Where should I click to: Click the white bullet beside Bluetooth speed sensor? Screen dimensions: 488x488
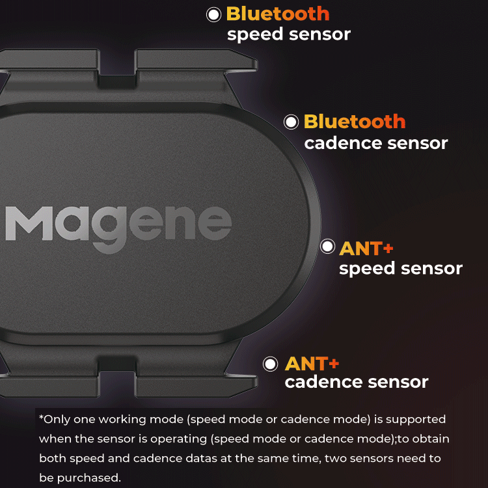click(x=214, y=14)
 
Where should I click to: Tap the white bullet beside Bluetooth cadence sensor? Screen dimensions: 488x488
click(x=291, y=122)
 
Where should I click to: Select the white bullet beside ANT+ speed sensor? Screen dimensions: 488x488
click(x=328, y=246)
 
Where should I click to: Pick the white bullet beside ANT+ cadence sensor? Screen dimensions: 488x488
click(x=270, y=364)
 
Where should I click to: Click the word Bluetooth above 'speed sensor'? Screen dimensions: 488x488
click(x=278, y=14)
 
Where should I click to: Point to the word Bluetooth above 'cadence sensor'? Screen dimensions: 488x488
click(x=355, y=122)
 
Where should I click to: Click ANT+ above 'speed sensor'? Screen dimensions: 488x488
click(x=366, y=249)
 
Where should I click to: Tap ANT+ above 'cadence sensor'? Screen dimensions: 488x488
click(x=312, y=364)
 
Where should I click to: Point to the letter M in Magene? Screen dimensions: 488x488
click(x=29, y=223)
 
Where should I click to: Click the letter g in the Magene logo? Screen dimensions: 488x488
click(x=108, y=230)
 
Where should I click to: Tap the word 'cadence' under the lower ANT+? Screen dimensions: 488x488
click(x=323, y=382)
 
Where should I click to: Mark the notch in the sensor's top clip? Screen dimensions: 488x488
click(x=117, y=74)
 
